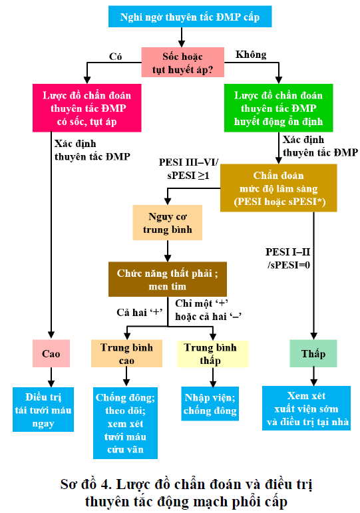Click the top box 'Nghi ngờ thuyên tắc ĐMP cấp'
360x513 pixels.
point(190,17)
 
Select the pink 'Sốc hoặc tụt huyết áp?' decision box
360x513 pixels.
point(182,62)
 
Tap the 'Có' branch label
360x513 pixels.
point(116,57)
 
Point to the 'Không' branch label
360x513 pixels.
point(251,55)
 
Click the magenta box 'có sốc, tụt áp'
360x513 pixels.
point(87,108)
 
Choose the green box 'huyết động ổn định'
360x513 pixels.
point(279,108)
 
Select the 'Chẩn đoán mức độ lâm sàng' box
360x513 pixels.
point(279,188)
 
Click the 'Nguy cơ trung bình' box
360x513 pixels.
point(167,222)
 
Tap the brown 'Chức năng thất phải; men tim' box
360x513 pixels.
point(168,279)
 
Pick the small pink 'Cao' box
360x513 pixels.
point(51,353)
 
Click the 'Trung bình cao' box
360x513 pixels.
point(126,354)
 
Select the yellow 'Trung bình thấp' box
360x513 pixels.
point(213,354)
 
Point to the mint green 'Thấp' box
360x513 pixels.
point(313,353)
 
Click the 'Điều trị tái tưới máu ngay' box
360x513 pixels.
point(43,409)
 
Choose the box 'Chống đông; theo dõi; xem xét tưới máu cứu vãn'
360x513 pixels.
point(125,423)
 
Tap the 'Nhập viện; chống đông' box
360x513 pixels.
point(210,403)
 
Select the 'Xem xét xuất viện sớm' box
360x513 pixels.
point(306,408)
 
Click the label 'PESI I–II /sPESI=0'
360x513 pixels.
point(288,258)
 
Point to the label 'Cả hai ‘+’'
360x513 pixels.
point(140,313)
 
